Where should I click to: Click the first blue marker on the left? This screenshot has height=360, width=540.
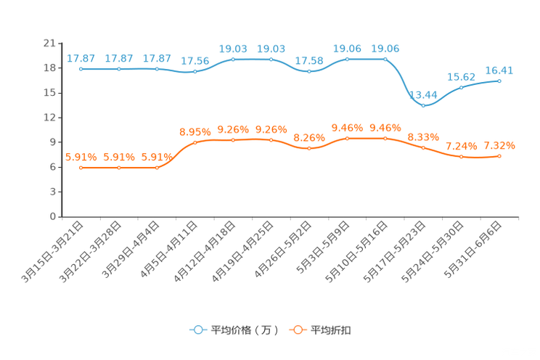(x=81, y=69)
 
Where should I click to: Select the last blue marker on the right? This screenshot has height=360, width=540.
(x=499, y=80)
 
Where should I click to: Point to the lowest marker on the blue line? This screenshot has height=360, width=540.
(x=424, y=106)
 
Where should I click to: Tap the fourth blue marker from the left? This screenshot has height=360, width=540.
(x=195, y=72)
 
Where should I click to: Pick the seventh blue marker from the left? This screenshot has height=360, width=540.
(x=309, y=71)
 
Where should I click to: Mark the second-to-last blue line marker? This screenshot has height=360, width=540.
(x=461, y=87)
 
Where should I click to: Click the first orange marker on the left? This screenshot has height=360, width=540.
(x=81, y=168)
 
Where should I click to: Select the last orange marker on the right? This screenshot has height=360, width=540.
(x=499, y=156)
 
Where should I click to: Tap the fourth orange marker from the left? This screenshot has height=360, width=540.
(x=195, y=142)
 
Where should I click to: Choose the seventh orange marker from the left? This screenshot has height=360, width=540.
(x=309, y=148)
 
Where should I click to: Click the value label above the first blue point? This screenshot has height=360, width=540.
(x=81, y=58)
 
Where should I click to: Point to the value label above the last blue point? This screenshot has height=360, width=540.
(x=499, y=70)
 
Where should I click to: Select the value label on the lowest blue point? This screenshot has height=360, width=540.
(x=424, y=95)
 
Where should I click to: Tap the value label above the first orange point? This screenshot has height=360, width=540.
(x=81, y=156)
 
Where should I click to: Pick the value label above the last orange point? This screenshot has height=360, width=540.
(x=500, y=146)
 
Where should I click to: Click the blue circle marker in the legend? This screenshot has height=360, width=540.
(x=197, y=330)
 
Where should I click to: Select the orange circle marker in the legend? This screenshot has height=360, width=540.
(x=297, y=330)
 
